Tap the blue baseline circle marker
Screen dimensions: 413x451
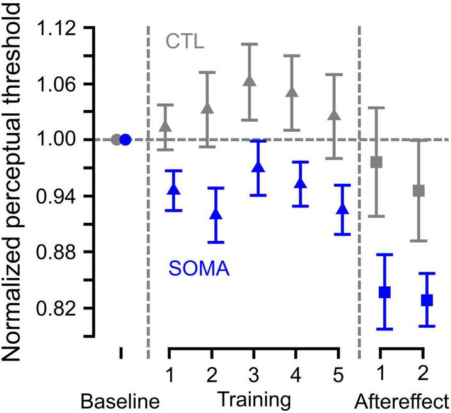(125, 140)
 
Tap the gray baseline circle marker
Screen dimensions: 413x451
(116, 140)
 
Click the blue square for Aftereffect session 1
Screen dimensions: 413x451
(385, 293)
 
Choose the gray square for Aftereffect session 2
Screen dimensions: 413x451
(419, 191)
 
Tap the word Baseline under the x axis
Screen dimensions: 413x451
(120, 402)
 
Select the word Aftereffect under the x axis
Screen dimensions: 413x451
(401, 402)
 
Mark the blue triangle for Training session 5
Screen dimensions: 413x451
(342, 209)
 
